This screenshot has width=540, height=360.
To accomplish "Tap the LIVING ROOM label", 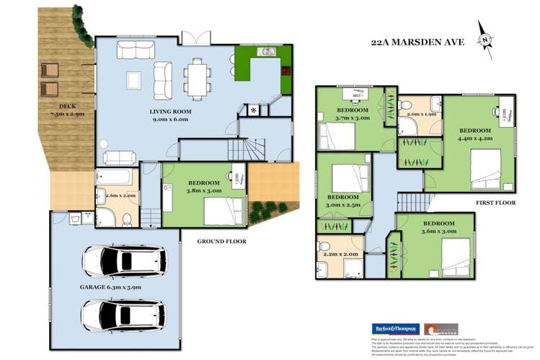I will (170, 111).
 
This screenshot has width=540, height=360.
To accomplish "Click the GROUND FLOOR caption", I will (223, 241).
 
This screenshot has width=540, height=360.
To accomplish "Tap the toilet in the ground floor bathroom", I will (127, 218).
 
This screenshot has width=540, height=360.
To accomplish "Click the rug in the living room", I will (135, 79).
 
